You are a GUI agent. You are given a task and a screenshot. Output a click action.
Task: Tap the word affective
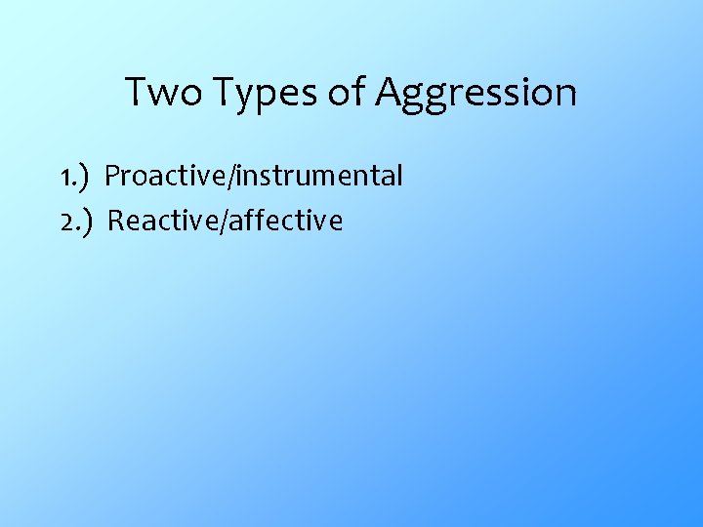coord(288,222)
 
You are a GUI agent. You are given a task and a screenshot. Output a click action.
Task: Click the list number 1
coord(63,178)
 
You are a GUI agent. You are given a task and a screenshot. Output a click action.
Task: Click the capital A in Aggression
coord(391,93)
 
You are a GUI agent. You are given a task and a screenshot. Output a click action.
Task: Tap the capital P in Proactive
coord(112,177)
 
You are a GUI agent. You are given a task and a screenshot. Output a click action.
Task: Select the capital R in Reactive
coord(115,222)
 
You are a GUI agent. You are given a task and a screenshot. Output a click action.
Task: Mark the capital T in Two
coord(135,93)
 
